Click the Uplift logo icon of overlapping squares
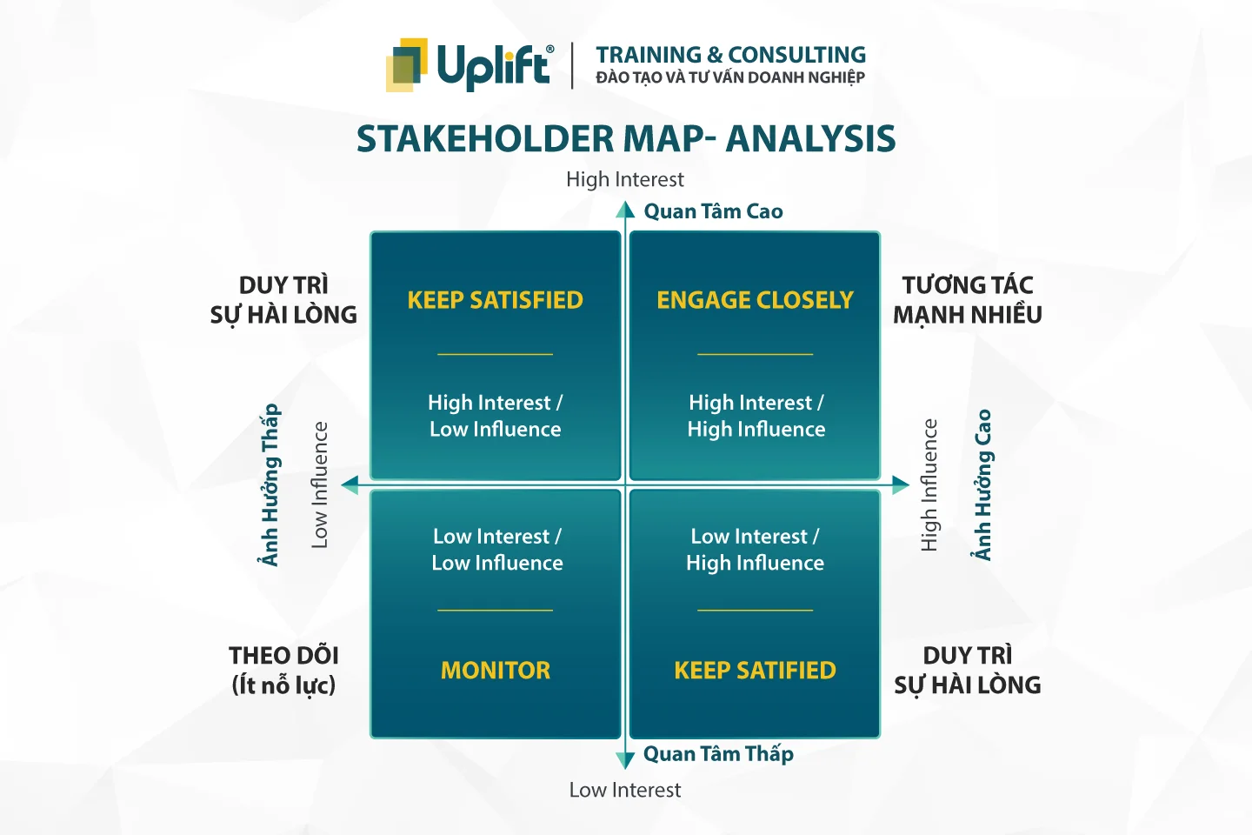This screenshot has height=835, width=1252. point(407,65)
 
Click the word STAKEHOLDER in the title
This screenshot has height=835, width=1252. point(485,138)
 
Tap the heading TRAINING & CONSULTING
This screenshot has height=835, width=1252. point(730,55)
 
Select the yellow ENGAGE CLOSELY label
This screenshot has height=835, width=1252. point(755,300)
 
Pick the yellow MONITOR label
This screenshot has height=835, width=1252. point(496,670)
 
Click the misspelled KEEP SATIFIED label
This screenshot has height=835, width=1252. point(755,670)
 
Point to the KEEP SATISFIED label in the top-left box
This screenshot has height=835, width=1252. point(496,300)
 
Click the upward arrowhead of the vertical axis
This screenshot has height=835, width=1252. point(625,210)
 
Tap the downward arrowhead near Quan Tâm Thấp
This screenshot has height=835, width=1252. point(625,760)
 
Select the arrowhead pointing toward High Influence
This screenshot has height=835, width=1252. point(901,484)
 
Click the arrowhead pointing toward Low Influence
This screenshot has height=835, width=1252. point(350,484)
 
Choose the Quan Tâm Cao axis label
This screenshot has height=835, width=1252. point(713,211)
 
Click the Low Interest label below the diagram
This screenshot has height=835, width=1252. point(625,790)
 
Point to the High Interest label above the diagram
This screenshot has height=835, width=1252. point(625,179)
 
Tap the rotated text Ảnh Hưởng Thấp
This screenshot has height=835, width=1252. point(270,484)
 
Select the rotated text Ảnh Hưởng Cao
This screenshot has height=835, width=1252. point(982,484)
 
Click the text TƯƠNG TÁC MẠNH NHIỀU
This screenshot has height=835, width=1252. point(968,300)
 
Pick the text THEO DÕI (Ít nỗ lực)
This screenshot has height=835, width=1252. point(284,670)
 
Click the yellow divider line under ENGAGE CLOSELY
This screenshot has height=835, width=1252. point(755,354)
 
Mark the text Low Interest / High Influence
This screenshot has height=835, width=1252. point(755,550)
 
